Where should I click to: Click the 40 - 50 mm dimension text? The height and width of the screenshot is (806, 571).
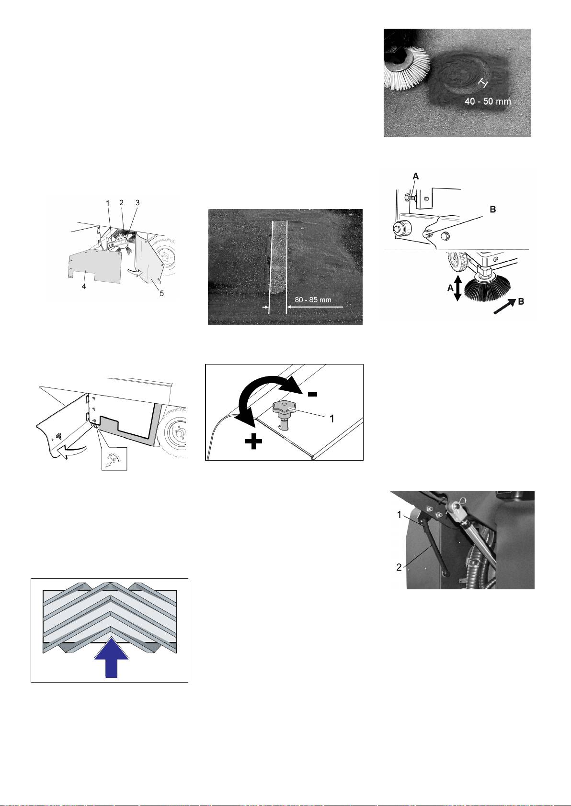pos(488,101)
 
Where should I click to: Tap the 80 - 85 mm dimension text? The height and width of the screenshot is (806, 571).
pos(313,300)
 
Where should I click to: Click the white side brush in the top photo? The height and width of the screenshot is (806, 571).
pos(406,69)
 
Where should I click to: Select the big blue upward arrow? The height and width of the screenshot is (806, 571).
pos(111,657)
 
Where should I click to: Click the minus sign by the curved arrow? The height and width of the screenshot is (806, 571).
pos(312,395)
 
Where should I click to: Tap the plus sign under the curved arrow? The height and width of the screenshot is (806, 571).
pos(253,441)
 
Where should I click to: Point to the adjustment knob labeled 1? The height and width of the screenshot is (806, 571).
pos(285,414)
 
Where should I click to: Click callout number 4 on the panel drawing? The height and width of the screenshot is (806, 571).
pos(84,287)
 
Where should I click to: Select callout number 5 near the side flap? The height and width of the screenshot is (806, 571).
pos(162,294)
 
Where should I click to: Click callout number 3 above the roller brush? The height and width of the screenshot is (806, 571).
pos(137,203)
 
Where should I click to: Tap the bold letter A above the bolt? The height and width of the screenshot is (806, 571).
pos(415,177)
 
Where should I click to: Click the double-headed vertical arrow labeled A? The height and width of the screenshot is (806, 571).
pos(457,288)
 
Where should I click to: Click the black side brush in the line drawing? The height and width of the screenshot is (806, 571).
pos(488,288)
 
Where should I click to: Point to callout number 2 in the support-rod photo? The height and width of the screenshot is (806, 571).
pos(399,567)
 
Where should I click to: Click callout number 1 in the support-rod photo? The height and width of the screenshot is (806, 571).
pos(399,515)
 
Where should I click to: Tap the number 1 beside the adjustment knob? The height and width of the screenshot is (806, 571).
pos(332,419)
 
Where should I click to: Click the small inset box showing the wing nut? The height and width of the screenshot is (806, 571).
pos(114,458)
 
